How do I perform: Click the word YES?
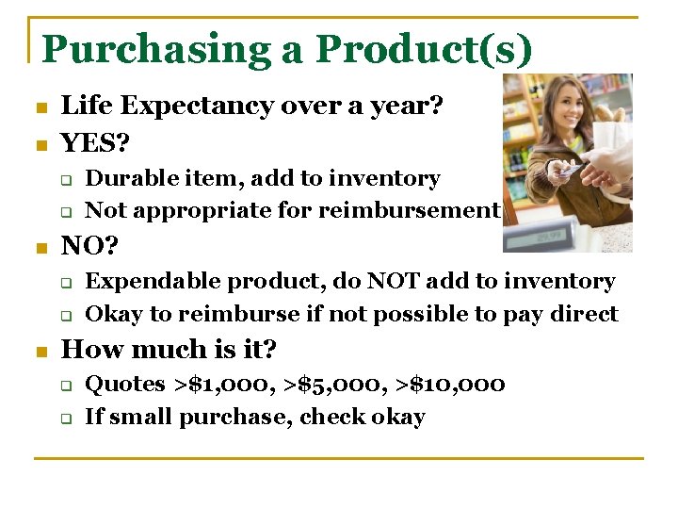(96, 143)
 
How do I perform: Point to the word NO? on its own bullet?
(89, 247)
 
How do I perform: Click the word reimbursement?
(408, 210)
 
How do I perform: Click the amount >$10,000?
(453, 385)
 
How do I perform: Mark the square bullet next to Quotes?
(67, 386)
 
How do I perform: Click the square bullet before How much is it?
(39, 352)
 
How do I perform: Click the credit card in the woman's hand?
(568, 170)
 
